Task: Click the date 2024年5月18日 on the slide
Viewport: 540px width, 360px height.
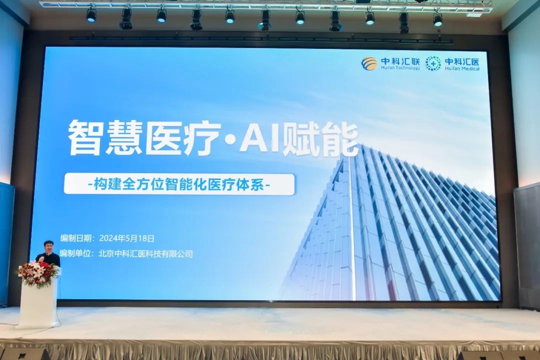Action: click(x=126, y=238)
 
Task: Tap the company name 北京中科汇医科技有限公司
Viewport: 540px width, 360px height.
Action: click(x=145, y=254)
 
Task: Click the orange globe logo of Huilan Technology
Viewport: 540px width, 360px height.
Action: click(x=369, y=63)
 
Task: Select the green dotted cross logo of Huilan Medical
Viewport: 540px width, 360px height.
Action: click(x=433, y=63)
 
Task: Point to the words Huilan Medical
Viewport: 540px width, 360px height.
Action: click(x=462, y=68)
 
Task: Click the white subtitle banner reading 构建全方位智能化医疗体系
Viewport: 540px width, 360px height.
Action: click(x=179, y=184)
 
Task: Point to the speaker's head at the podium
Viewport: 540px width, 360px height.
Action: click(x=48, y=246)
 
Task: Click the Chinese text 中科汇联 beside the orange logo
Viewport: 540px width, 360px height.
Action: click(x=400, y=61)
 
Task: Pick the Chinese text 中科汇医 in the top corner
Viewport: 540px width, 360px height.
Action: click(x=462, y=61)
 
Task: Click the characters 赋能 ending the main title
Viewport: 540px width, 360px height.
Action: click(x=319, y=139)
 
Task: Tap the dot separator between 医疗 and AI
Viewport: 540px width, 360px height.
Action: click(x=230, y=139)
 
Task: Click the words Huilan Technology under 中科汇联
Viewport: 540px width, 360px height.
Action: click(x=400, y=68)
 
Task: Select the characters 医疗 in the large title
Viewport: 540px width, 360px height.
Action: click(x=182, y=138)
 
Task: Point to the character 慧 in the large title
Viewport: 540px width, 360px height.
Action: click(x=123, y=138)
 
